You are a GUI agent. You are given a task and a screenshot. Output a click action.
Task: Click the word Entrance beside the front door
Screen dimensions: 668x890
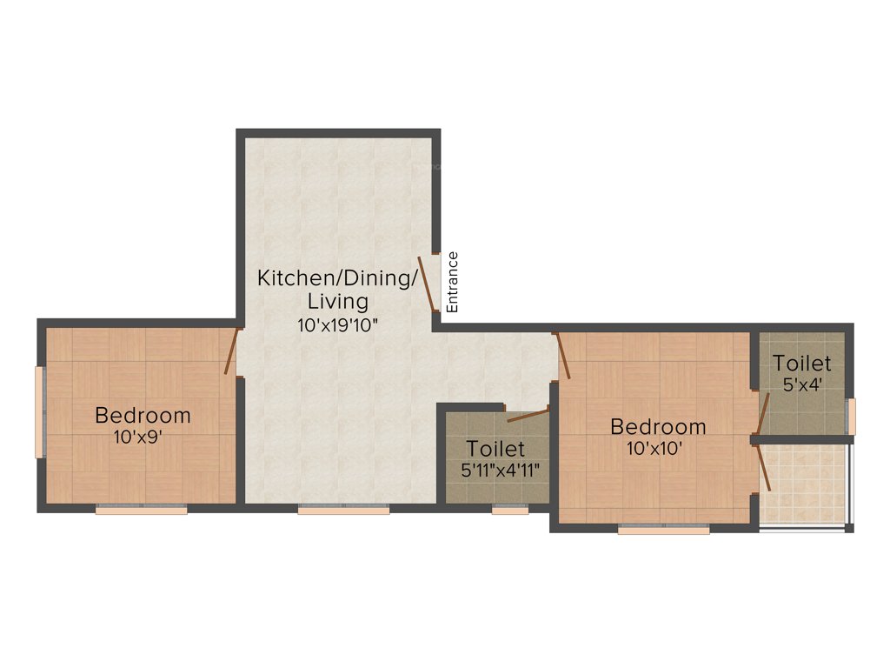click(x=452, y=282)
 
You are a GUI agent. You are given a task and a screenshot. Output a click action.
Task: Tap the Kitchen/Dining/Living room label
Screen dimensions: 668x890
click(x=338, y=290)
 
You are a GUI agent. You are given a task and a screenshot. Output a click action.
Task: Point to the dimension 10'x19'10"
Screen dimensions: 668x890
click(x=338, y=324)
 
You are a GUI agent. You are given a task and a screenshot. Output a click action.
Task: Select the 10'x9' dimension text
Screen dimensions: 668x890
click(x=137, y=438)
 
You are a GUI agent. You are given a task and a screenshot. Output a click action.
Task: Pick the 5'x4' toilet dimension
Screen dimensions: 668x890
click(x=802, y=384)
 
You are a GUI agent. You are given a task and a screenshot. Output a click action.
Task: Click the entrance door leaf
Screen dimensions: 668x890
click(x=428, y=283)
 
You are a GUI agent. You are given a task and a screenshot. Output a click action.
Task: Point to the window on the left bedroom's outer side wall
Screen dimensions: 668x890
click(x=39, y=411)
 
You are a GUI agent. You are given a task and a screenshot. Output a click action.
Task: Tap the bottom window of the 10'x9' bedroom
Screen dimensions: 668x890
click(x=141, y=511)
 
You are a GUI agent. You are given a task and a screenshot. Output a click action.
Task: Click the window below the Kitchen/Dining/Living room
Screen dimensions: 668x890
click(x=343, y=511)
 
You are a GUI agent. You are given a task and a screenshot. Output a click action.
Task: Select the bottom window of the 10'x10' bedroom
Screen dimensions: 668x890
click(x=664, y=529)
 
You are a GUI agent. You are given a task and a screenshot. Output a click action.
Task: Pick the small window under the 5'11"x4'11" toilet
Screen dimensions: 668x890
click(x=509, y=511)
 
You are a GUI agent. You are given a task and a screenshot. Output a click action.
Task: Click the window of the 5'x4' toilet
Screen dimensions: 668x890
click(x=852, y=416)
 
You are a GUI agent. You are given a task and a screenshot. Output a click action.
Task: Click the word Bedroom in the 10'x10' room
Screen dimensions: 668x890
click(x=658, y=427)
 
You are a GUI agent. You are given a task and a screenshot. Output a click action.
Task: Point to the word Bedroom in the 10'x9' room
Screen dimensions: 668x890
click(x=143, y=414)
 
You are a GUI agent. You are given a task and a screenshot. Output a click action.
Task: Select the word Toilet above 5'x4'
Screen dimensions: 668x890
click(x=802, y=363)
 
